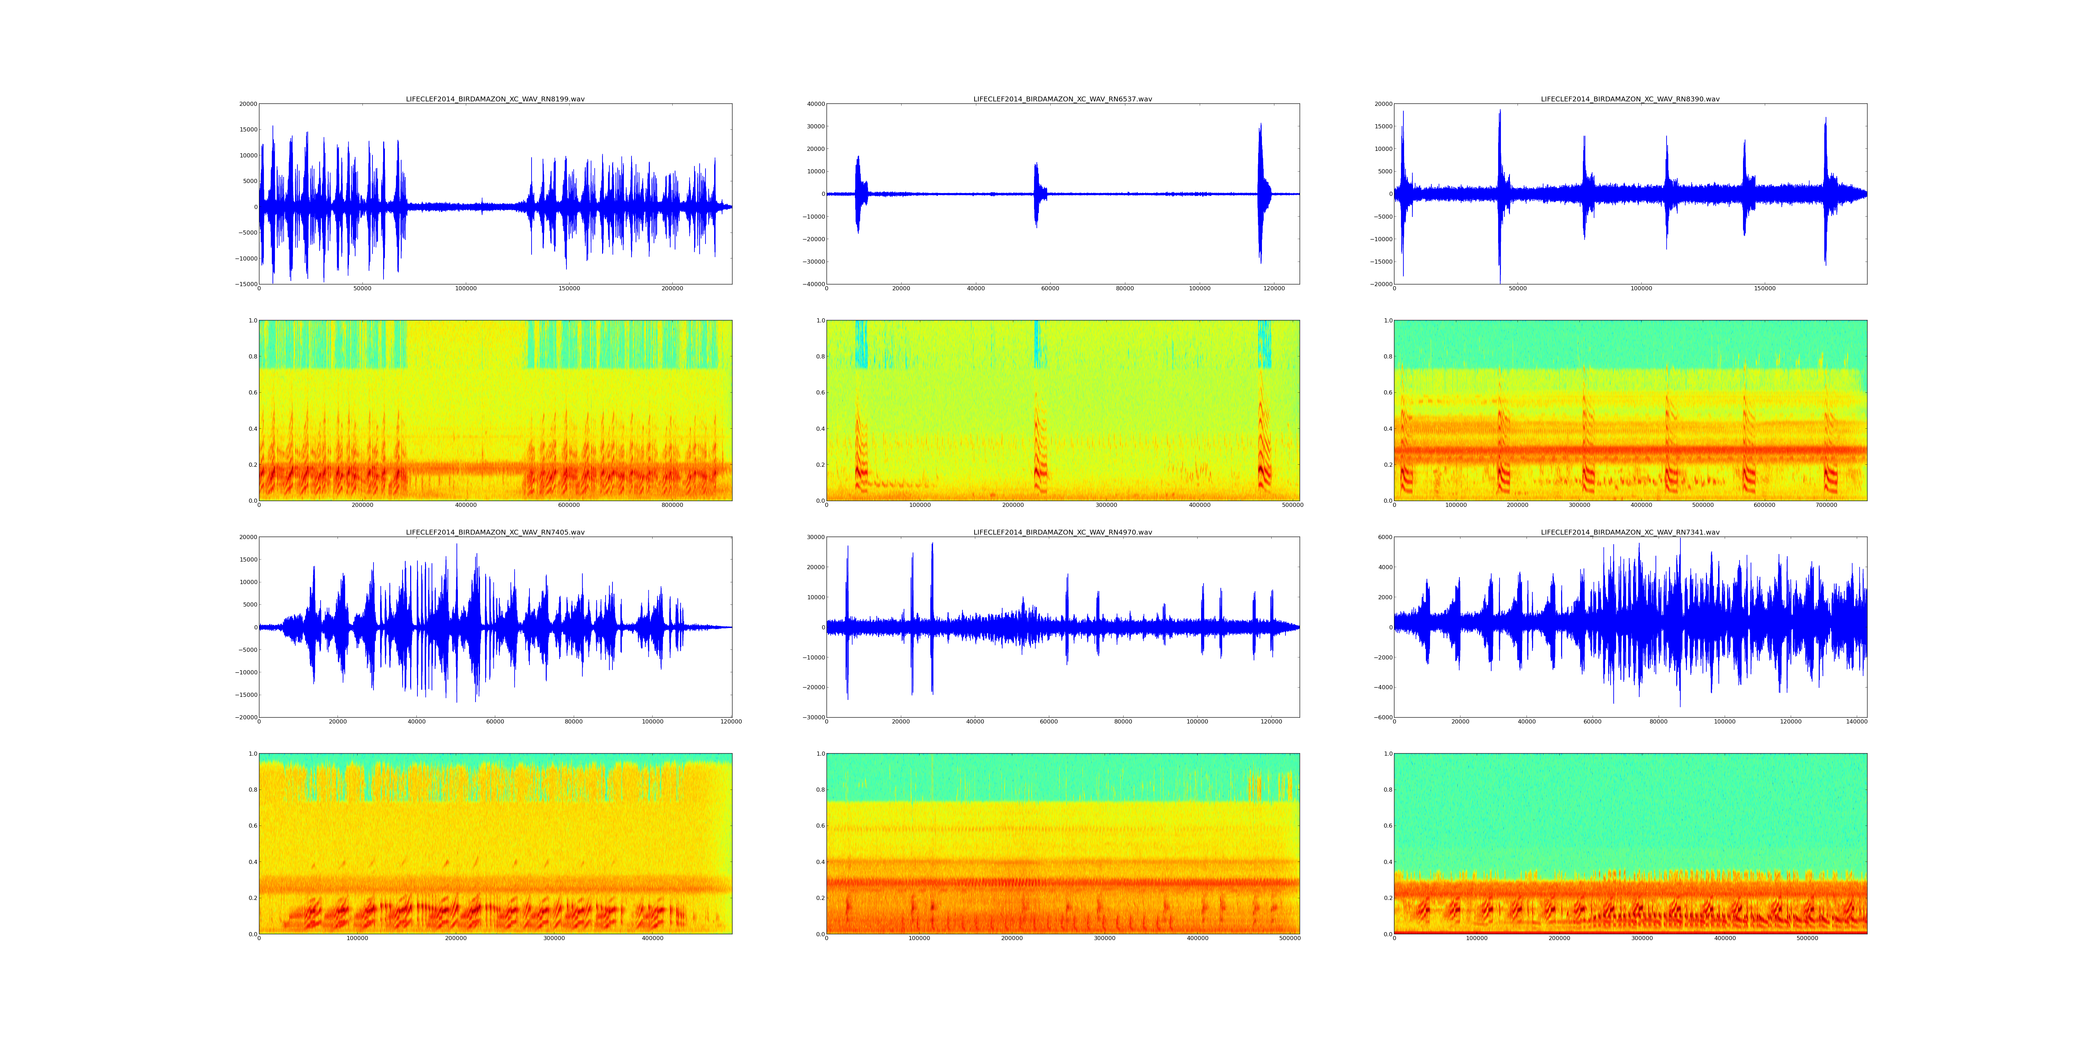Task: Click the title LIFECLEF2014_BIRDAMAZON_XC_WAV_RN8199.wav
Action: [x=495, y=99]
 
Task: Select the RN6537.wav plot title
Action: [x=1062, y=99]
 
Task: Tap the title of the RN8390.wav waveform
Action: [x=1630, y=99]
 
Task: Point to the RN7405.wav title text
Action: [x=495, y=533]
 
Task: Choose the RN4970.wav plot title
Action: [x=1062, y=533]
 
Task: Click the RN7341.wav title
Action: [x=1630, y=533]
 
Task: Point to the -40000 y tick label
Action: [x=812, y=284]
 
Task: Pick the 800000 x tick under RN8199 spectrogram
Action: [x=672, y=505]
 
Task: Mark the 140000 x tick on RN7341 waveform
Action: [x=1856, y=722]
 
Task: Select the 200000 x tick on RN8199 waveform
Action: [x=672, y=289]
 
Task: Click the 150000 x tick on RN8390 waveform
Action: [x=1764, y=289]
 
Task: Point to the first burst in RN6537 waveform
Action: [x=858, y=193]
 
